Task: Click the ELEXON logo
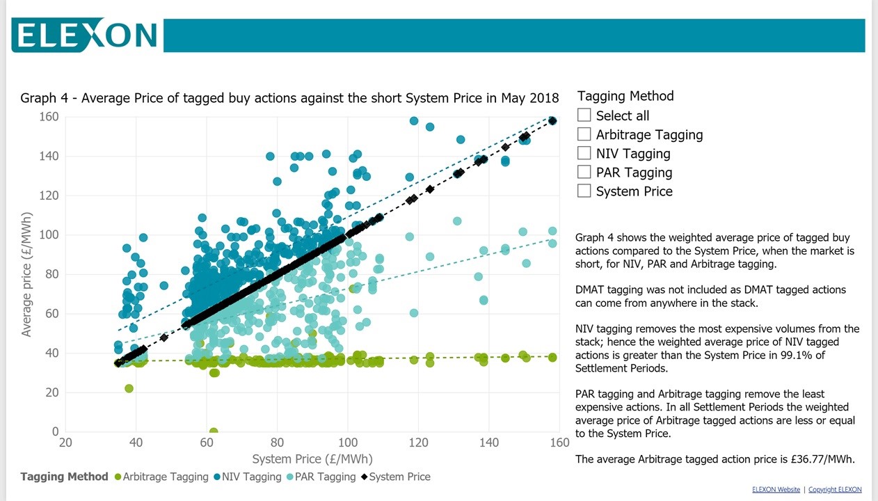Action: [x=84, y=35]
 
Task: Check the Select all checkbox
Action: [x=584, y=115]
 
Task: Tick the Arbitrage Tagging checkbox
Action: [x=584, y=134]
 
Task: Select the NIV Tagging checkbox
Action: [x=584, y=153]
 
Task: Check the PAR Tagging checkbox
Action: [x=584, y=172]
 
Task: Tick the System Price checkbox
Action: [x=584, y=191]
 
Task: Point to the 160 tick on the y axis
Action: [x=49, y=117]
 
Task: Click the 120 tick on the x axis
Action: [x=418, y=443]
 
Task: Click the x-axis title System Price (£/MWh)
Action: [x=312, y=459]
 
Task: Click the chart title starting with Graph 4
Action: [x=289, y=97]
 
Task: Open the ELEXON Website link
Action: [x=776, y=490]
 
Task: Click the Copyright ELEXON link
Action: [x=835, y=490]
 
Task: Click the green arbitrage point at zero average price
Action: [x=214, y=432]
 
